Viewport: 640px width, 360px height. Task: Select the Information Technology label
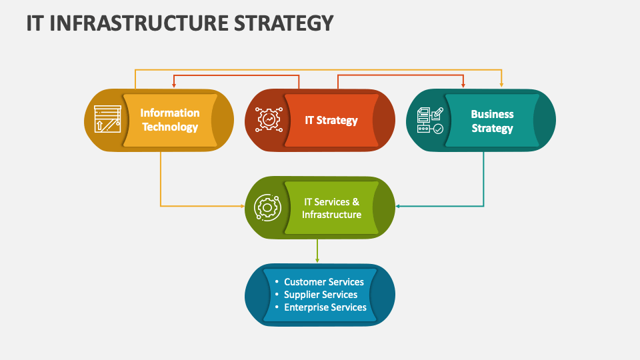tap(170, 120)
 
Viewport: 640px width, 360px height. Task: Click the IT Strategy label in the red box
tap(331, 120)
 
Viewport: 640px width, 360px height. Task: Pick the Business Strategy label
tap(492, 121)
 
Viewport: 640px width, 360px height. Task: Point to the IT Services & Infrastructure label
tap(331, 208)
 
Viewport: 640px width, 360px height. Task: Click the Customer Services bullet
tap(324, 282)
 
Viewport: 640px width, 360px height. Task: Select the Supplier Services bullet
tap(321, 295)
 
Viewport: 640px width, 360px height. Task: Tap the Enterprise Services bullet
tap(325, 307)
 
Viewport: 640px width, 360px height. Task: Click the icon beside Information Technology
tap(107, 120)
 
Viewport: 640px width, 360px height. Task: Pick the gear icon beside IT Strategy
tap(269, 120)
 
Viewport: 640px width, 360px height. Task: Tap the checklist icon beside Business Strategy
tap(430, 120)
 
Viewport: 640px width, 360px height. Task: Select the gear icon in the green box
tap(268, 208)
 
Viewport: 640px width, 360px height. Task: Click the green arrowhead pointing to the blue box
tap(317, 260)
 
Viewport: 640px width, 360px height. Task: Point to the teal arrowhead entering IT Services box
tap(399, 206)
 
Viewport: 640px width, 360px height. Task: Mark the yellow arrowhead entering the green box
tap(243, 206)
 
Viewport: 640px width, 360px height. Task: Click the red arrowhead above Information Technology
tap(174, 85)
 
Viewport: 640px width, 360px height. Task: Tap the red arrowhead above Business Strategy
tap(464, 85)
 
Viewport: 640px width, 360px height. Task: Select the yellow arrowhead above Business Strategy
tap(501, 85)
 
